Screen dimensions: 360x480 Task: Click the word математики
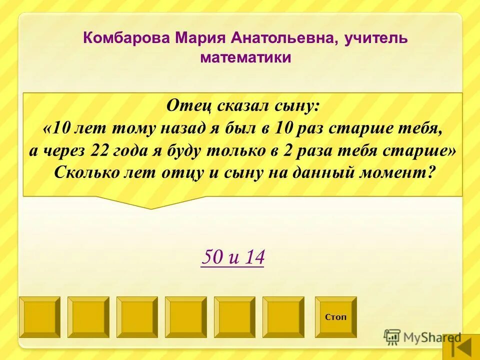[x=245, y=58]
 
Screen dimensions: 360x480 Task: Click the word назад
[x=182, y=128]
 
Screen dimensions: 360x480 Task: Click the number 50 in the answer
[x=210, y=257]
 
